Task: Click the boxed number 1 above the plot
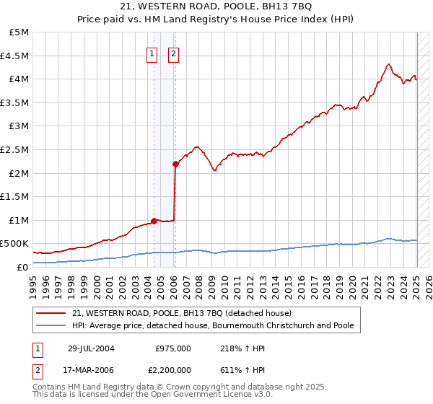152,52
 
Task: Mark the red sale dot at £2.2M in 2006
175,164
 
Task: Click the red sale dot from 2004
154,221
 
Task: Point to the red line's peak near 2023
389,63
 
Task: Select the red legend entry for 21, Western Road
180,314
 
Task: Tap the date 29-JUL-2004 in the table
92,348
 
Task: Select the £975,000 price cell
173,348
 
